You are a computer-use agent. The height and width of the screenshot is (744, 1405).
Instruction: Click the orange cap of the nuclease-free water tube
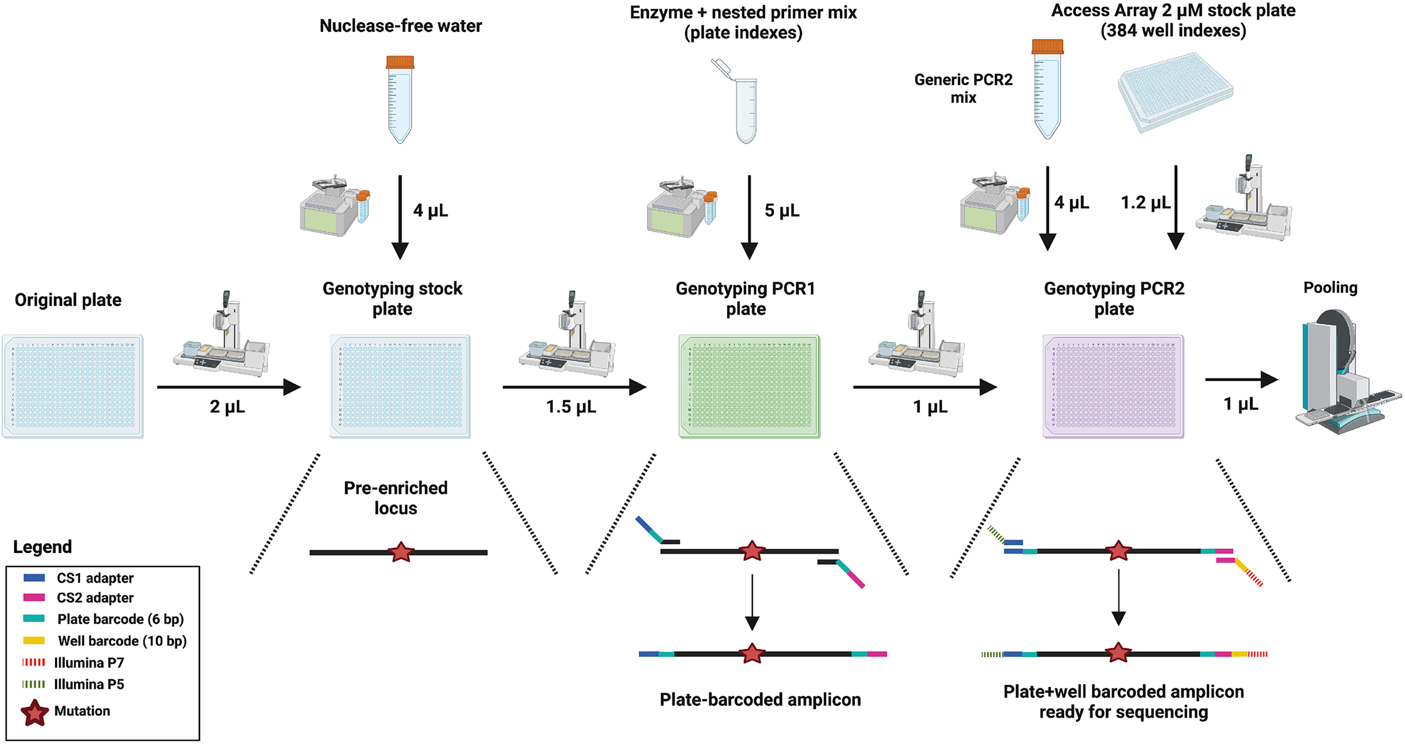(x=400, y=62)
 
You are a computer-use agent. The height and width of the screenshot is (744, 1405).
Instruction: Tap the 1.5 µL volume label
(x=571, y=406)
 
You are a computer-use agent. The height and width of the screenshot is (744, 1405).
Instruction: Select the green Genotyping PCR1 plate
(x=749, y=386)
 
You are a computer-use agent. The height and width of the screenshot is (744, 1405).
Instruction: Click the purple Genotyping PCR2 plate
(x=1113, y=386)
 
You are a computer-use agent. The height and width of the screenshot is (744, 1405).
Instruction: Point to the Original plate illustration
(x=73, y=386)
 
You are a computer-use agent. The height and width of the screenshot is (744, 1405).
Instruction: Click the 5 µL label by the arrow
(x=781, y=211)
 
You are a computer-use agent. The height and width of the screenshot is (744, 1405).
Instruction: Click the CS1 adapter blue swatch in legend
(x=34, y=578)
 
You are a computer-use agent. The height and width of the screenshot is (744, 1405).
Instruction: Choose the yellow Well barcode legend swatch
(x=34, y=640)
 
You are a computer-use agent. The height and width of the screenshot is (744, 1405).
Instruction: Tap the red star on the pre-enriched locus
(x=401, y=552)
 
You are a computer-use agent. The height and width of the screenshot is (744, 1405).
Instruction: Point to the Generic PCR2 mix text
(x=963, y=88)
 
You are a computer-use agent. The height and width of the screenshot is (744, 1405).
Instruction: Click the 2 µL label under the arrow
(x=227, y=406)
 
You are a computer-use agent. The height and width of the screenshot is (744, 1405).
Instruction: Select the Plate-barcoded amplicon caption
(x=760, y=699)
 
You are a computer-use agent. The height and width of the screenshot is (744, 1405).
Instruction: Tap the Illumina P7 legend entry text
(x=89, y=663)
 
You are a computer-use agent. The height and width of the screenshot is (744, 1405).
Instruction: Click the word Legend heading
(x=43, y=547)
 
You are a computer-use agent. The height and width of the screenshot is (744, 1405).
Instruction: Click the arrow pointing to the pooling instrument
(x=1241, y=379)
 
